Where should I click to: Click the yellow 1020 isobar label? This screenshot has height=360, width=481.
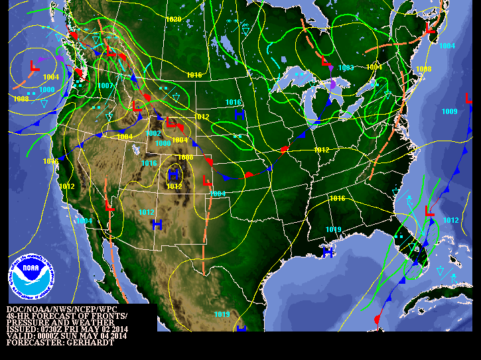pyautogui.click(x=174, y=19)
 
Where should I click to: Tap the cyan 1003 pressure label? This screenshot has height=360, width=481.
pyautogui.click(x=346, y=68)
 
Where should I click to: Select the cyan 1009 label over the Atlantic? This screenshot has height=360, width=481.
pyautogui.click(x=450, y=111)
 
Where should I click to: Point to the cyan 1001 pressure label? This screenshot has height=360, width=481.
pyautogui.click(x=218, y=194)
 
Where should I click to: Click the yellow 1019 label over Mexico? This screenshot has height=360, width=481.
pyautogui.click(x=222, y=314)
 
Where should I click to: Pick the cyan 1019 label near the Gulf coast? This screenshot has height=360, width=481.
pyautogui.click(x=334, y=229)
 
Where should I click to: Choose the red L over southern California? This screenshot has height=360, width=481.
pyautogui.click(x=110, y=208)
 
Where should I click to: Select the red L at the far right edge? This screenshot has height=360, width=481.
pyautogui.click(x=469, y=98)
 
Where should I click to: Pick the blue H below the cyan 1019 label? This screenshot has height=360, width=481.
pyautogui.click(x=328, y=252)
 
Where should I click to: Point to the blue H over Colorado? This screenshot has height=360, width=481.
pyautogui.click(x=174, y=174)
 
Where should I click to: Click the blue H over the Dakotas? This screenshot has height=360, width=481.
pyautogui.click(x=240, y=115)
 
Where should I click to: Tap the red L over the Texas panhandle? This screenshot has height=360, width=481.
pyautogui.click(x=206, y=180)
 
